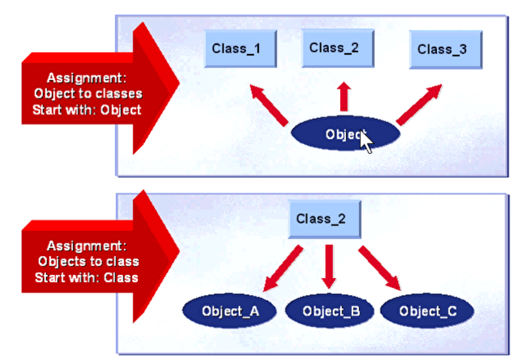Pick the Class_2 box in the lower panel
(x=321, y=220)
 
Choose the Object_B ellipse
(x=331, y=311)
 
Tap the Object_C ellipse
(x=428, y=311)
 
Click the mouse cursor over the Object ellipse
(x=366, y=140)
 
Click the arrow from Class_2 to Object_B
(x=328, y=266)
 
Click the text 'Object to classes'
(x=88, y=94)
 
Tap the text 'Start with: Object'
(x=88, y=109)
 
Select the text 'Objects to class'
(x=88, y=262)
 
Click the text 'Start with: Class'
(x=88, y=277)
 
